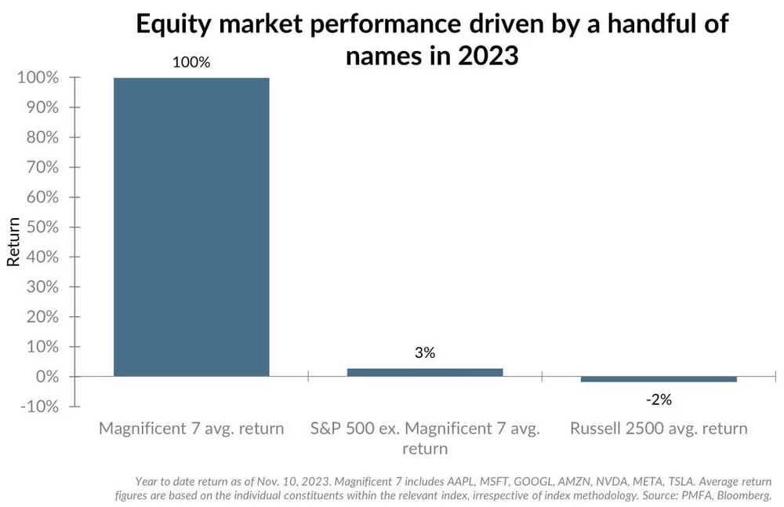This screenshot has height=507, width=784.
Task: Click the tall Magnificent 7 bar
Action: [x=191, y=227]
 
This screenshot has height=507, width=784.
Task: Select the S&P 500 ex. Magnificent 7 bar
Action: [x=425, y=372]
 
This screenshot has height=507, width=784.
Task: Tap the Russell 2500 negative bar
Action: [x=659, y=379]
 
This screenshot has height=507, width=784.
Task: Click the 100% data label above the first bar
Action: [x=191, y=62]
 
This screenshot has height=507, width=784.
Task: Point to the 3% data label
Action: [x=425, y=353]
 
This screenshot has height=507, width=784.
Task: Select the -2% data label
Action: [x=659, y=399]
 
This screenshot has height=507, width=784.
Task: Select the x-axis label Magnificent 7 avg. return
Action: [x=191, y=429]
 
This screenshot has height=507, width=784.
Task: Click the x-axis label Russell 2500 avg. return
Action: [x=659, y=429]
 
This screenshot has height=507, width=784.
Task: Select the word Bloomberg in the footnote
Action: [x=742, y=495]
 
